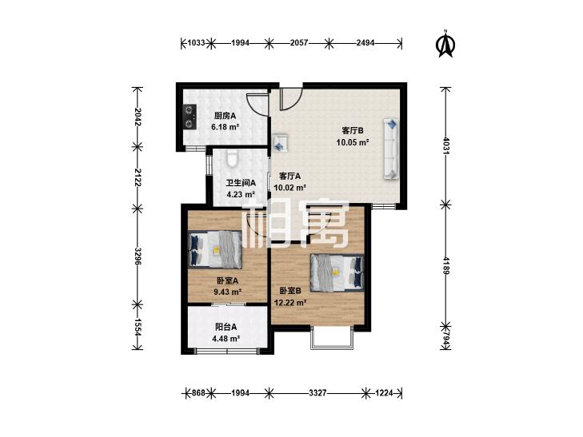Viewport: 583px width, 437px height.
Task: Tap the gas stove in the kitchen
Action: (x=190, y=117)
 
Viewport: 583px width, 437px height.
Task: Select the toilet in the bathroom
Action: (x=232, y=157)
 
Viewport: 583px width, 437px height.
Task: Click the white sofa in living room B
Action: (x=391, y=149)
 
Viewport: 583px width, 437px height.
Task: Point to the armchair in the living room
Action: (x=281, y=143)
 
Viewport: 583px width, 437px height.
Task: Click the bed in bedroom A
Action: (x=215, y=249)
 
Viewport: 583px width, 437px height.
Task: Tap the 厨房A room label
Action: (x=225, y=116)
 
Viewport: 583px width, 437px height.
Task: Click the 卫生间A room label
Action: (x=241, y=183)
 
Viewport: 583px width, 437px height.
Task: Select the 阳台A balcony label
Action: (x=226, y=327)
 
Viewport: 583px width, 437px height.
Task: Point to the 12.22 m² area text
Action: (x=290, y=303)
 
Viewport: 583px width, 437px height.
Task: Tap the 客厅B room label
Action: (x=353, y=131)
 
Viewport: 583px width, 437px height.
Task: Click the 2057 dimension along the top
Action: (x=299, y=43)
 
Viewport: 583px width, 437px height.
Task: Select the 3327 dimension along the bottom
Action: (x=317, y=393)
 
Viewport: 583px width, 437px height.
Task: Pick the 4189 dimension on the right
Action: (x=446, y=264)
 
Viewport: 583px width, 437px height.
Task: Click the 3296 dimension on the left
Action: (x=138, y=256)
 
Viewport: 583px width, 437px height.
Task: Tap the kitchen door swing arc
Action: (x=257, y=105)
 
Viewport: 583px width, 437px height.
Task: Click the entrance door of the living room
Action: (x=290, y=99)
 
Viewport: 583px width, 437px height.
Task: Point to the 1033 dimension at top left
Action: (x=196, y=43)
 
